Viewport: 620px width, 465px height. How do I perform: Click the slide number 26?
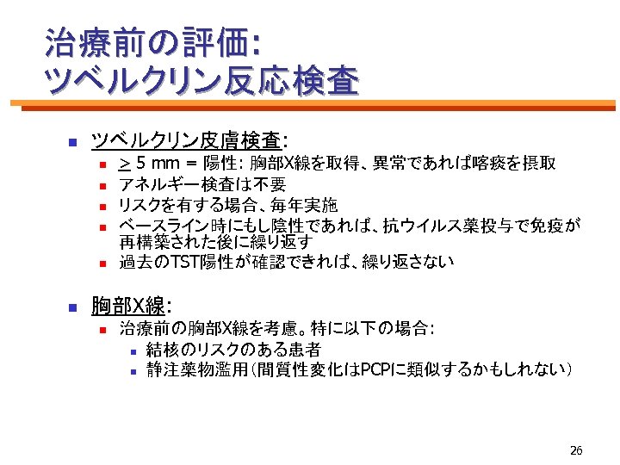coord(576,450)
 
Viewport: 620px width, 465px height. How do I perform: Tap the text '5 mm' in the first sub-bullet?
coord(155,164)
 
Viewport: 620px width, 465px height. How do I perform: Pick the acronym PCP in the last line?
coord(375,369)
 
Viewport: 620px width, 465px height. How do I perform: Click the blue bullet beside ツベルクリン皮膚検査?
coord(73,141)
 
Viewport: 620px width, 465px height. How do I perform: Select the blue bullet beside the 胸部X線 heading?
coord(73,307)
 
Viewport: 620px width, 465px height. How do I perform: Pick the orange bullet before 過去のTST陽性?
coord(102,262)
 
